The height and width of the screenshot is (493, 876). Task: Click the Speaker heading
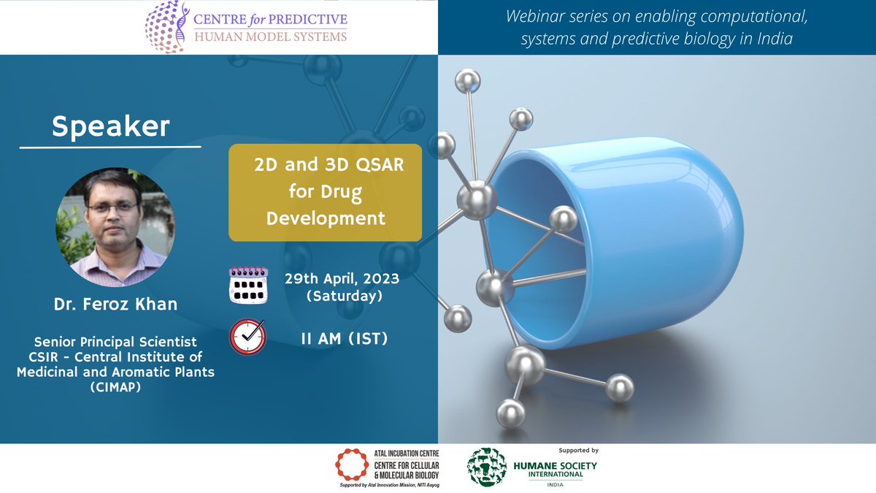tap(110, 127)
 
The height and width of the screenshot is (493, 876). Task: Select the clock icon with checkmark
tap(248, 337)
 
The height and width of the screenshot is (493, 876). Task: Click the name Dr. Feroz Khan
tap(115, 304)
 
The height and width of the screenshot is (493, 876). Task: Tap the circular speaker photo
tap(115, 227)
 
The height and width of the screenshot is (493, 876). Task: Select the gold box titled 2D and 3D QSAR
tap(326, 192)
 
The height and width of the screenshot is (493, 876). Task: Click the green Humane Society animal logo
tap(487, 467)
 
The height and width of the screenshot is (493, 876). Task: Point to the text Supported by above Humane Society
tap(577, 451)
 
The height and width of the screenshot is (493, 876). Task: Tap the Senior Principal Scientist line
tap(115, 341)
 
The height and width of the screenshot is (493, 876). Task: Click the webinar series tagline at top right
tap(656, 27)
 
